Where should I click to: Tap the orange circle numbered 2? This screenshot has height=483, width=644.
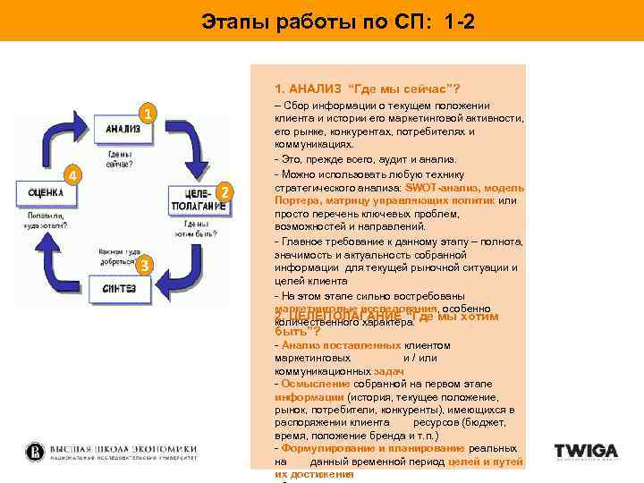pyautogui.click(x=225, y=192)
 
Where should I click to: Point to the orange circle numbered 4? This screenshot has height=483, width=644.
pyautogui.click(x=75, y=174)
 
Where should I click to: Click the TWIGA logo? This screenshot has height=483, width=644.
pyautogui.click(x=586, y=452)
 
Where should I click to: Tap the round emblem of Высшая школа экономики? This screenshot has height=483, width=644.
pyautogui.click(x=36, y=452)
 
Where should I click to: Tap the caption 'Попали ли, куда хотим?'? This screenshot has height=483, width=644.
pyautogui.click(x=47, y=219)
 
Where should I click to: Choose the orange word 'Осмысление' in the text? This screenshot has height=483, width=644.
pyautogui.click(x=311, y=384)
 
